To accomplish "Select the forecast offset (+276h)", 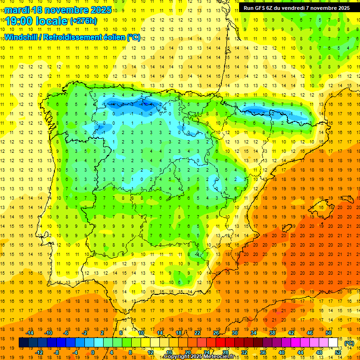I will [83, 21].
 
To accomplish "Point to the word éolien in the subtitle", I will [113, 37].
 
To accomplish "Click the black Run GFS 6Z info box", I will [297, 8].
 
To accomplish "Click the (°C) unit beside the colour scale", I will [349, 343].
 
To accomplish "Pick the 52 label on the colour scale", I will [338, 352].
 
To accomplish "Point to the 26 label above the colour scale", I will [216, 333].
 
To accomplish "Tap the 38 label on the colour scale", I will [272, 333].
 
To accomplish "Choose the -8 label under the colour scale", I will [56, 352].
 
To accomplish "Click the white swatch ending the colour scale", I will [333, 343].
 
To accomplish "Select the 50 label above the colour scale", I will [329, 333].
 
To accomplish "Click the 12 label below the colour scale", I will [150, 352].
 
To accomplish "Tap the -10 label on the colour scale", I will [48, 333].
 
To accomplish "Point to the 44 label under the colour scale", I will [300, 352].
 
